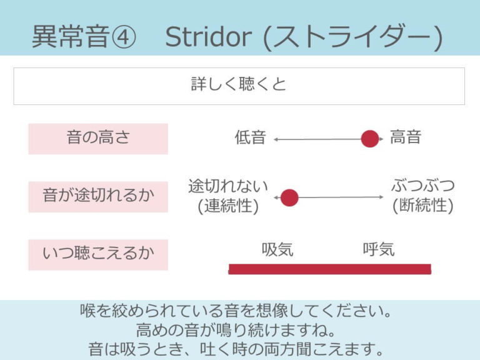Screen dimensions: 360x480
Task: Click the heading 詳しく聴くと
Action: tap(239, 84)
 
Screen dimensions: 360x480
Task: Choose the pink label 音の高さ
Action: tap(98, 138)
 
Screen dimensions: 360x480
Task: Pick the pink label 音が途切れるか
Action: tap(98, 196)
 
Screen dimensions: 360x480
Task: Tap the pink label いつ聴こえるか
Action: tap(98, 254)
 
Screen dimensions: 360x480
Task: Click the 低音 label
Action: tap(251, 138)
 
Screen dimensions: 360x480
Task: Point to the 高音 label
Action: tap(406, 138)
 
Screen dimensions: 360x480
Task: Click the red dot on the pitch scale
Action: tap(370, 139)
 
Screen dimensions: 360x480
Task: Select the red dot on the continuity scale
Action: tap(289, 197)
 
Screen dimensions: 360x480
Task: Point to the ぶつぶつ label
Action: tap(422, 186)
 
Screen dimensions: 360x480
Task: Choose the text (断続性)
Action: tap(422, 206)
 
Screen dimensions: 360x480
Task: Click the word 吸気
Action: tap(277, 250)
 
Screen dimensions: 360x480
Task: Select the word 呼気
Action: tap(379, 250)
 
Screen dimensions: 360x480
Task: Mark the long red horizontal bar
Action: tap(329, 269)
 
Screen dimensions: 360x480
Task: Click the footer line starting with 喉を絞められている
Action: tap(240, 311)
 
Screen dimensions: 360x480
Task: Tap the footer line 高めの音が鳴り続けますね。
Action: tap(240, 329)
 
